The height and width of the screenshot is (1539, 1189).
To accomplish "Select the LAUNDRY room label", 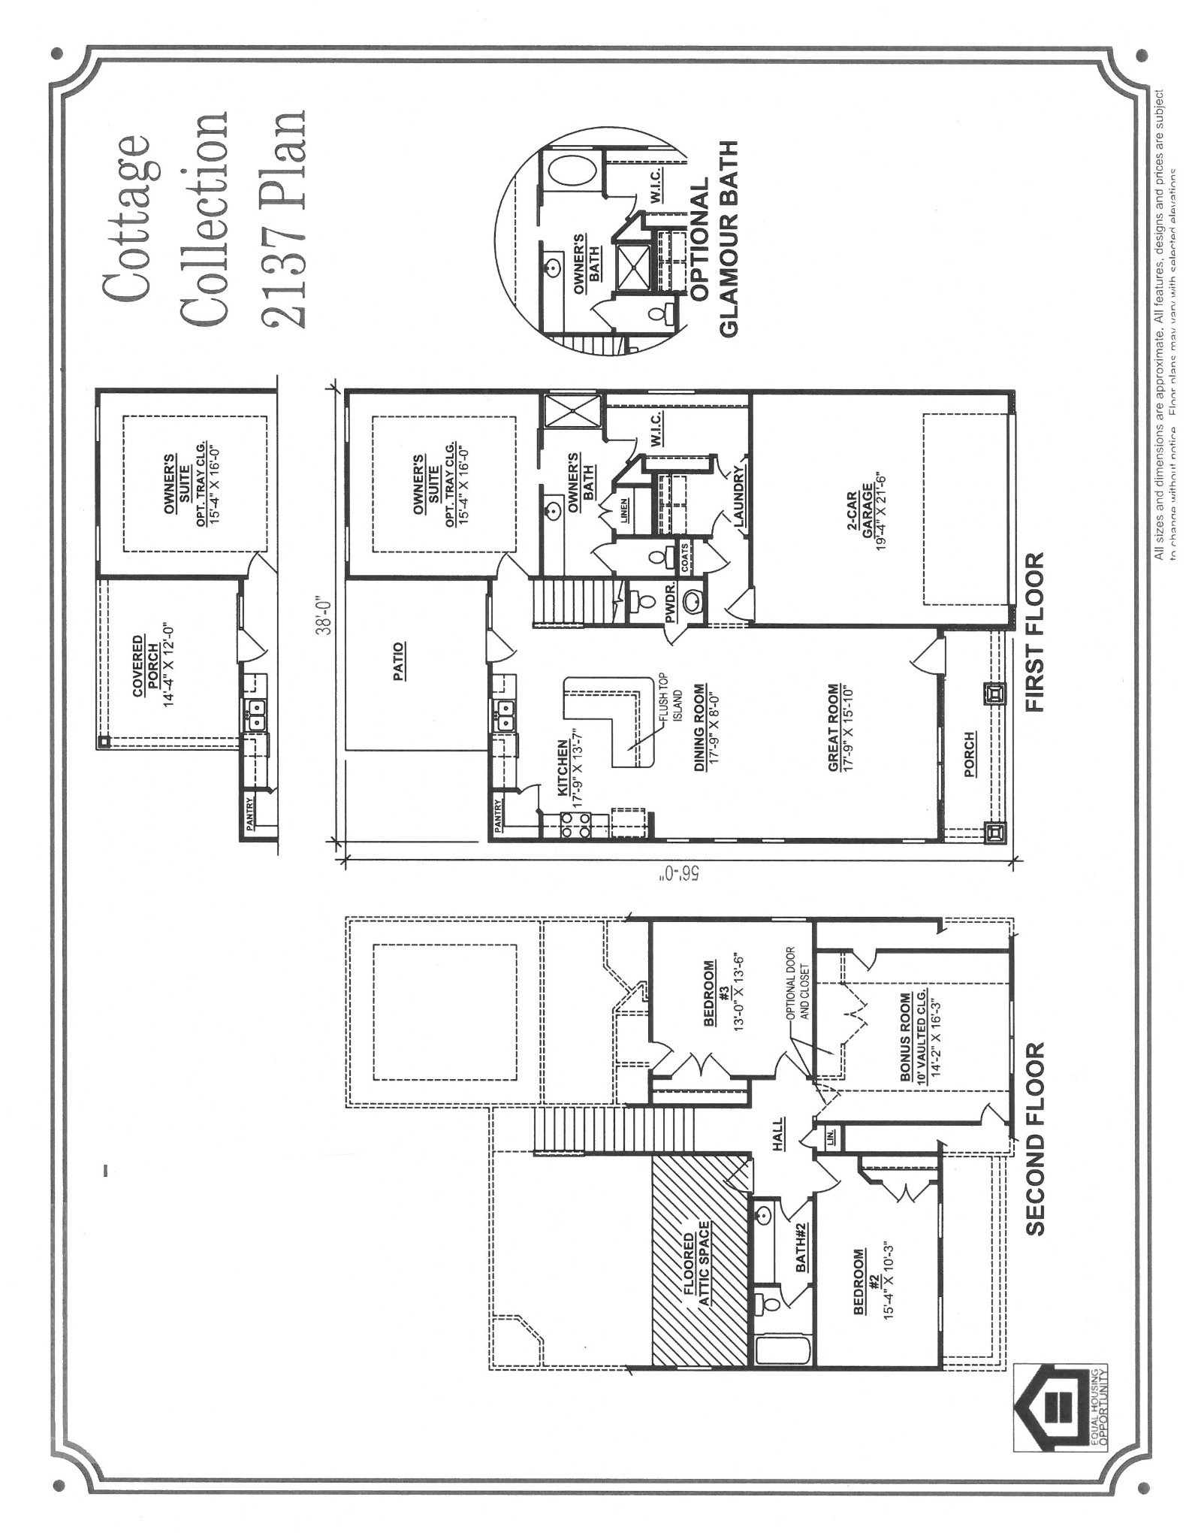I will (738, 495).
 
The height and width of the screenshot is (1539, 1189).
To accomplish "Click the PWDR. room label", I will (669, 599).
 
